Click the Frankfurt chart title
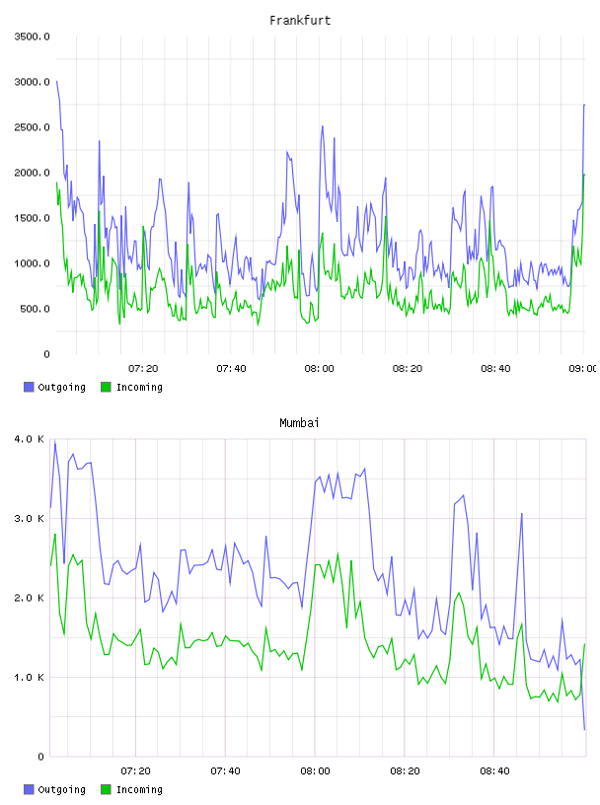pos(300,21)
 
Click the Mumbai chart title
pos(299,423)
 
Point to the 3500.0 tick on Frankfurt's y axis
pos(33,37)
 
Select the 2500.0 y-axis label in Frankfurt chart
pos(33,127)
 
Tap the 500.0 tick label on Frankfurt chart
pos(35,309)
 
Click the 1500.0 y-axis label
pos(33,218)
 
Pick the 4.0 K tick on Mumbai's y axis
pos(30,439)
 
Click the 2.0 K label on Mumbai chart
pos(30,598)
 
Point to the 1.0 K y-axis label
pos(30,677)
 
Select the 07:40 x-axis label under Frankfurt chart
pos(231,368)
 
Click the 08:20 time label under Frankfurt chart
pos(408,368)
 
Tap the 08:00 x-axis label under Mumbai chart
pos(315,770)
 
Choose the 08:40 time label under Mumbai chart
pos(494,770)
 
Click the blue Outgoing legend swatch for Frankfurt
pos(29,387)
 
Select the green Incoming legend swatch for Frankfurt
pos(106,387)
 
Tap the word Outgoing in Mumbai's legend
pos(61,789)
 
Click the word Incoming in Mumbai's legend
pos(139,789)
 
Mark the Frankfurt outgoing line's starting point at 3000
pos(56,81)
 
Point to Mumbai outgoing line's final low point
pos(584,729)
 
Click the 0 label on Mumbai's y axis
pos(41,757)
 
